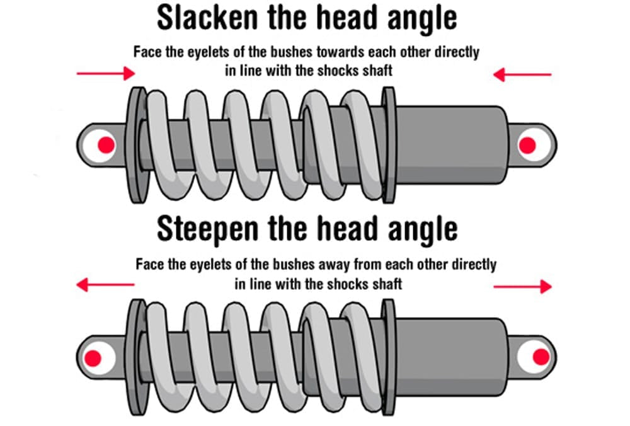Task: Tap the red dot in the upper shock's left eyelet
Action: pos(106,146)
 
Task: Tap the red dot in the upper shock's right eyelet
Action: pos(527,146)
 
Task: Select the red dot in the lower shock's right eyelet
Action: pos(540,357)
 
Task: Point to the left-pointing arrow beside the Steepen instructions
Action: pos(105,285)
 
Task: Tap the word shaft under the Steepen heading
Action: pos(387,283)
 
